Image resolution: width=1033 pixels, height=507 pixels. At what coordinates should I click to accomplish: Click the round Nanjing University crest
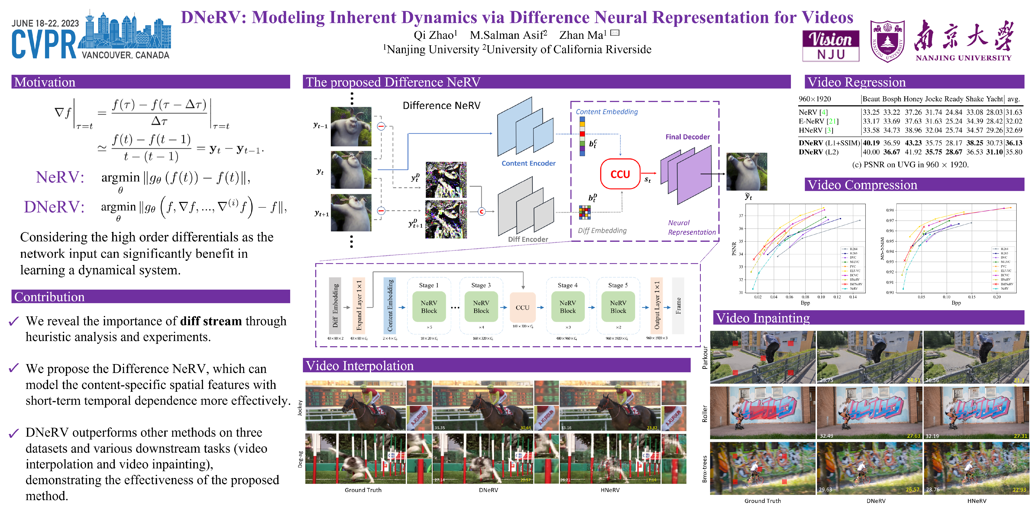[888, 41]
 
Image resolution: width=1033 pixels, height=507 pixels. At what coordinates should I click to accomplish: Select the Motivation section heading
[45, 82]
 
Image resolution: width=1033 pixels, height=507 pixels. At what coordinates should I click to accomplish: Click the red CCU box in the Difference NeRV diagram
[620, 174]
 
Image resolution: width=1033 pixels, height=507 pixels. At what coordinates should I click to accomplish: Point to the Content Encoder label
[528, 163]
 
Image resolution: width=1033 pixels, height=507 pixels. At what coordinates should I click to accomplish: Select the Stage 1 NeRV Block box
[429, 307]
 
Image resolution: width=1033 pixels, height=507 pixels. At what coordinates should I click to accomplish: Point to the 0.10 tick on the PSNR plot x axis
[821, 297]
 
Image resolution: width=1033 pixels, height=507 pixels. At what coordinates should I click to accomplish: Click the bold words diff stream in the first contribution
[211, 321]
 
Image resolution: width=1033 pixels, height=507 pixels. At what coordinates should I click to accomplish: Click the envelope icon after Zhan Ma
[615, 33]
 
